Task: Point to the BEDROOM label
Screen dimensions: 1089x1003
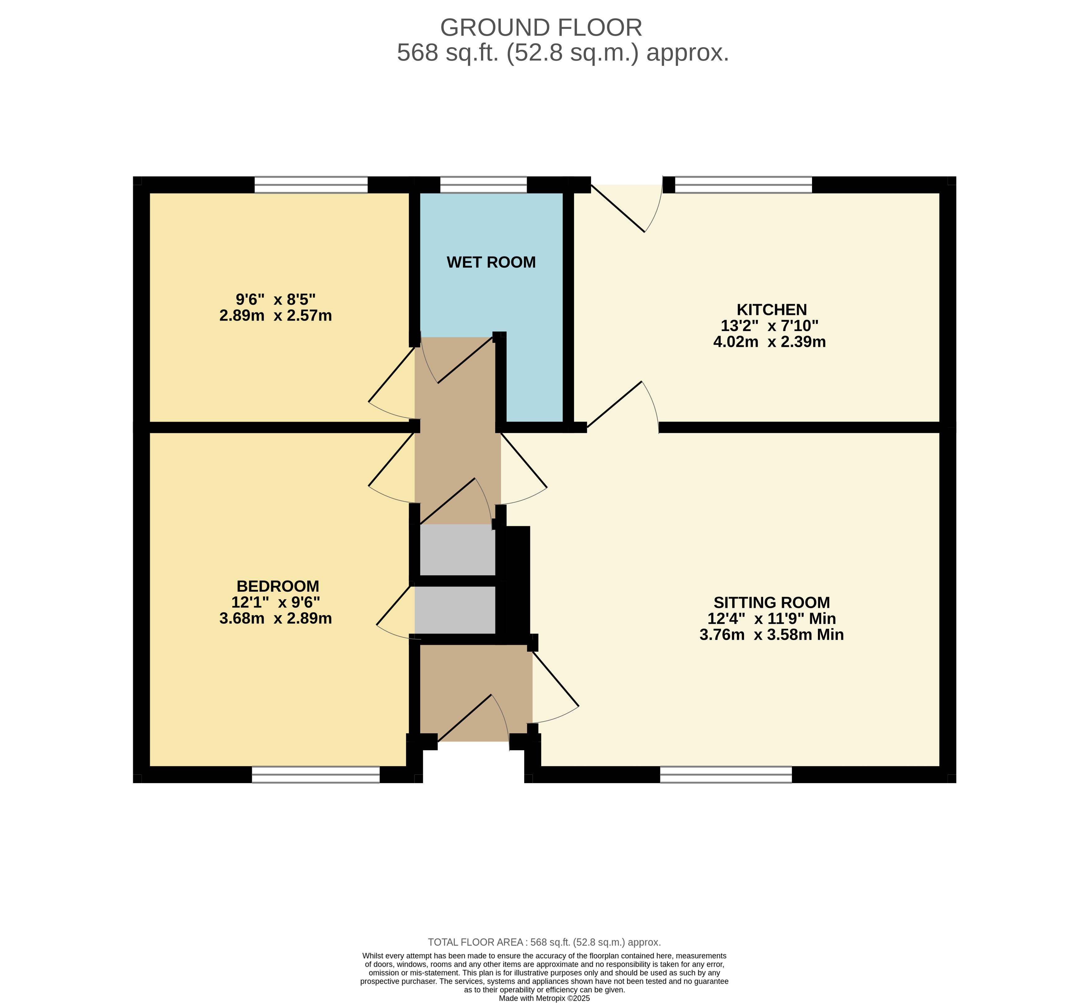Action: [x=278, y=587]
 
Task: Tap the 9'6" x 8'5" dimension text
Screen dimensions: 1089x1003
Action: [x=276, y=299]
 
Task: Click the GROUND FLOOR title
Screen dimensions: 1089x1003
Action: [x=541, y=28]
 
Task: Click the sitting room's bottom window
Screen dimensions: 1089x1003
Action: [x=726, y=774]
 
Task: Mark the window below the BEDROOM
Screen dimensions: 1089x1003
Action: [x=316, y=774]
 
